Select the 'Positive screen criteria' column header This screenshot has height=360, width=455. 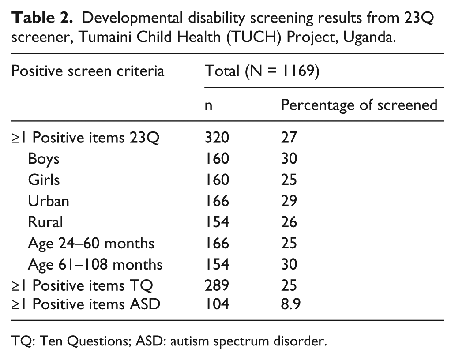tap(87, 71)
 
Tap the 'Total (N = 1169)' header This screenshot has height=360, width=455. tap(262, 71)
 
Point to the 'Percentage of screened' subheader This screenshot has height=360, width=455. tap(359, 105)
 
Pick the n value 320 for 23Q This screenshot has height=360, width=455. tap(216, 138)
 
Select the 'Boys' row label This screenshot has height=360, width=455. tap(43, 159)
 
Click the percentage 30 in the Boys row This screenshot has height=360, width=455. tap(290, 159)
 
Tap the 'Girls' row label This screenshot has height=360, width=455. tap(43, 180)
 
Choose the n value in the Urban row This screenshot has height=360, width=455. tap(216, 201)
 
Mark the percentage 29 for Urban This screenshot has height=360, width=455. tap(290, 201)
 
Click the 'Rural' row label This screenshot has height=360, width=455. tap(45, 222)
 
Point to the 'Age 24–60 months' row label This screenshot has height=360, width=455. tap(91, 244)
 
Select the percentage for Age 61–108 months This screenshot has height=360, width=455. tap(290, 265)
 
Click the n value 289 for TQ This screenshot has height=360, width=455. tap(216, 286)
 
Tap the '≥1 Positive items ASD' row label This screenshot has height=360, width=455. tap(86, 304)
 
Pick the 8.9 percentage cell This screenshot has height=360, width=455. tap(291, 304)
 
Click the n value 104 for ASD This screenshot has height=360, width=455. tap(216, 304)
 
